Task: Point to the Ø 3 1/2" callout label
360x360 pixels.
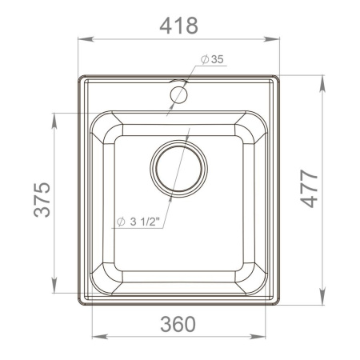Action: click(x=140, y=222)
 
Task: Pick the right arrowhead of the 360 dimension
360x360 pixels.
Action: click(x=264, y=334)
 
